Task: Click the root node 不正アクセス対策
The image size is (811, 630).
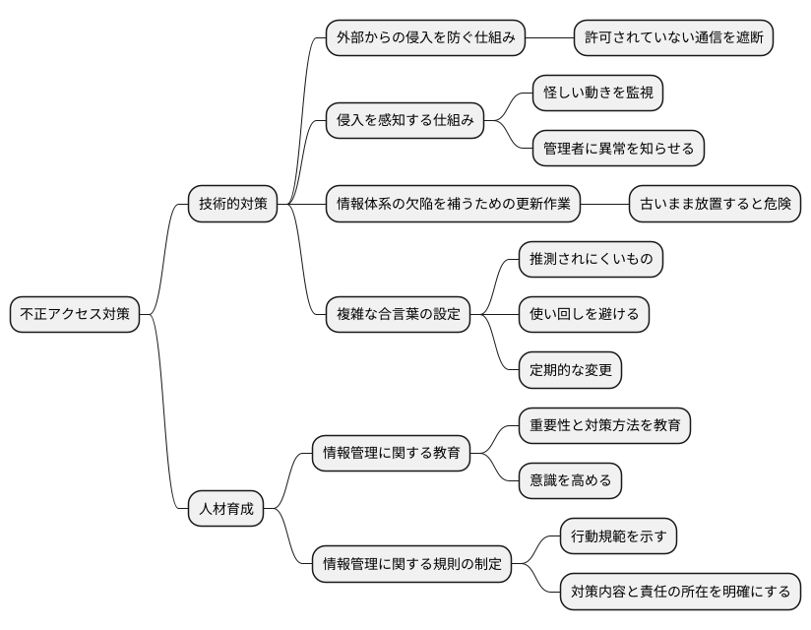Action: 75,315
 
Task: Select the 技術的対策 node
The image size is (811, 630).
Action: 232,205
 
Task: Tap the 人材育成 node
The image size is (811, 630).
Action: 226,509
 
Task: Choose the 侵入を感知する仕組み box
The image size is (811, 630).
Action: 405,121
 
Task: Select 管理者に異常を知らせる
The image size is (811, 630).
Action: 618,149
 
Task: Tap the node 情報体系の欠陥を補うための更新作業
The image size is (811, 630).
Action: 453,205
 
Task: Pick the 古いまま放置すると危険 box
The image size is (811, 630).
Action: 714,205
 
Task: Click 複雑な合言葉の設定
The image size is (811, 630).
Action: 398,315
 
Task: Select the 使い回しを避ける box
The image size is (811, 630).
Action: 585,315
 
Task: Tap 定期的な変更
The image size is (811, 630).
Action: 570,370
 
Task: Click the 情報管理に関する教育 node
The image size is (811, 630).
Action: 391,454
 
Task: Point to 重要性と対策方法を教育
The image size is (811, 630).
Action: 604,426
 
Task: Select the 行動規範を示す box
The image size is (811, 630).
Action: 618,537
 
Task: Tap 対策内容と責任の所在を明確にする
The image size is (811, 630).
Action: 680,593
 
